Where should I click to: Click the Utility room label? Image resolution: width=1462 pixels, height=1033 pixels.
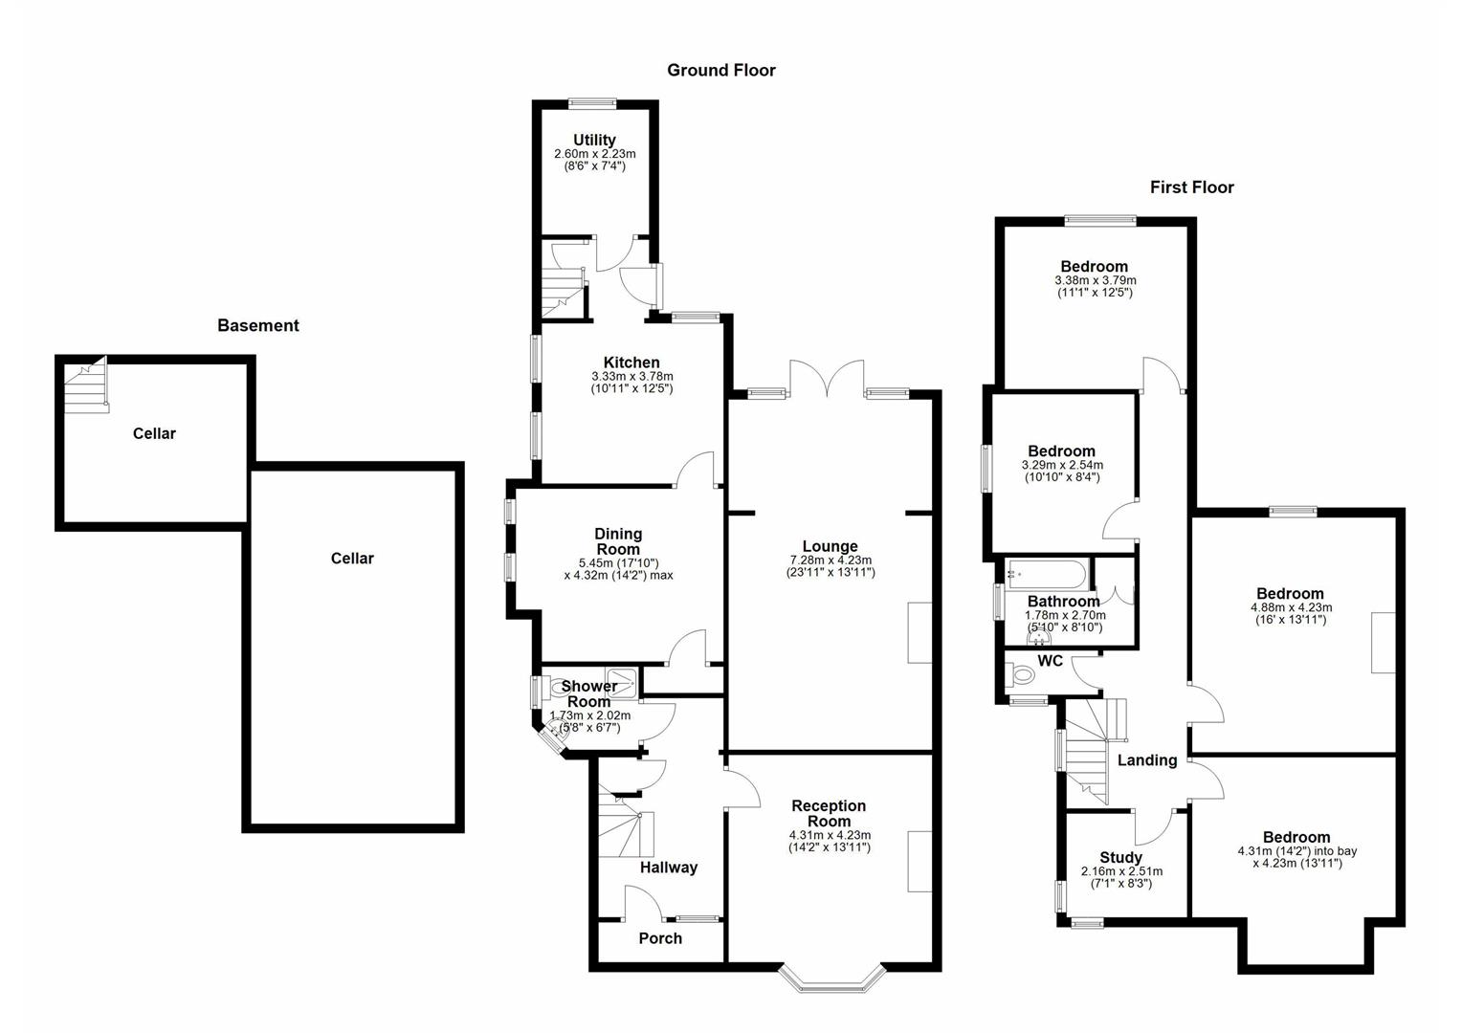point(594,140)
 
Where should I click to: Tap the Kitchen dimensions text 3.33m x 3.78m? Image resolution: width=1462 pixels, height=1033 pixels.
point(631,376)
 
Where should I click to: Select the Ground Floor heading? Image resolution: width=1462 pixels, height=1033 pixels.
point(720,70)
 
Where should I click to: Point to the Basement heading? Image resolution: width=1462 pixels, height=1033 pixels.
point(257,325)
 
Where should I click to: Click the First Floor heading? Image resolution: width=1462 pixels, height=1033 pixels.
point(1191,187)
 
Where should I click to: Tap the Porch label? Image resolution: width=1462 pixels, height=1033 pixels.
point(660,938)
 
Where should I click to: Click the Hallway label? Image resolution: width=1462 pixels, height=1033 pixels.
point(668,868)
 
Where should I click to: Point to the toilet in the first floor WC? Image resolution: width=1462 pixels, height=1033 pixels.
point(1022,675)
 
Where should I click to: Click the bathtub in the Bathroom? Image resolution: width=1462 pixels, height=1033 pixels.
point(1045,575)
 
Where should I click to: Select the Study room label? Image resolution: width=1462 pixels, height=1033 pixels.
point(1120,857)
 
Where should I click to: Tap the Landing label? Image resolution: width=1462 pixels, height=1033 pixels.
point(1146,760)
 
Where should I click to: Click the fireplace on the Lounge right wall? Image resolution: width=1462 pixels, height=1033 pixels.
point(919,632)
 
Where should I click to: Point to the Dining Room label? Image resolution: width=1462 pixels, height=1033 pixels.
point(618,541)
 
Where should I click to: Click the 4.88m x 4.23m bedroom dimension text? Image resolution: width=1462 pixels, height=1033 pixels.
point(1291,607)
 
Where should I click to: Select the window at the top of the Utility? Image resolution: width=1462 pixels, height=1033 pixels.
point(594,103)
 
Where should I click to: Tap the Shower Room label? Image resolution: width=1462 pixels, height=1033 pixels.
point(588,693)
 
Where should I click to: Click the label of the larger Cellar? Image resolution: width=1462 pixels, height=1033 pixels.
point(351,559)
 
